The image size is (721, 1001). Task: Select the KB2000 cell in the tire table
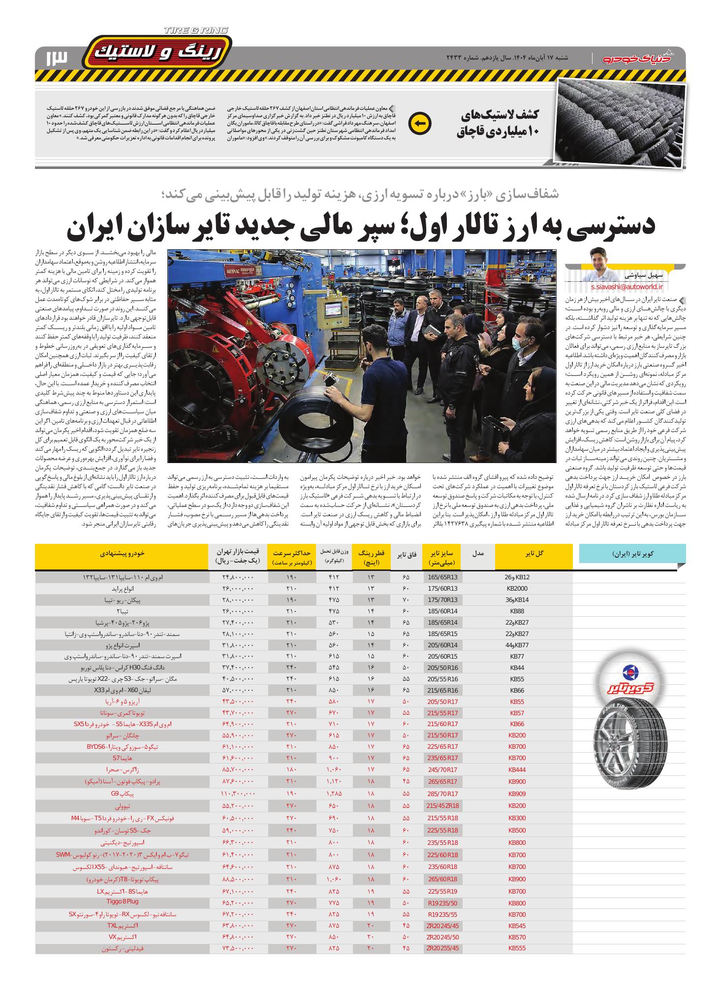[517, 588]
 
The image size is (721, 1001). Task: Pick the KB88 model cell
[517, 611]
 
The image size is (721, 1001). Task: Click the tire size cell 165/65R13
[442, 577]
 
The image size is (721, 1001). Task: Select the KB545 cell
[517, 925]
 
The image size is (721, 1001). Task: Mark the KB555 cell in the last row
[517, 948]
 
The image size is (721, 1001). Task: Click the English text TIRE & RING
[196, 31]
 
